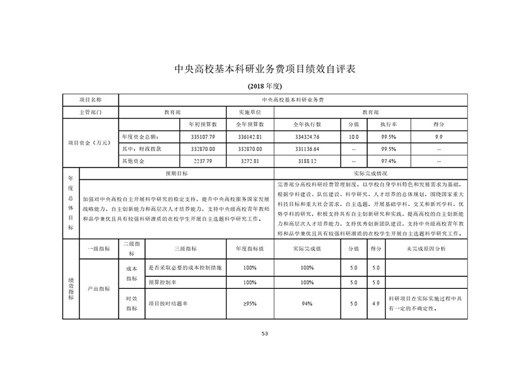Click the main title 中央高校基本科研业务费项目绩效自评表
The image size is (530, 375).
(264, 68)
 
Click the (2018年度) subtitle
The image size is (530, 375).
(264, 87)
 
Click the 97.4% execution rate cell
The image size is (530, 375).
(389, 160)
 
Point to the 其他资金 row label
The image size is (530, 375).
(131, 160)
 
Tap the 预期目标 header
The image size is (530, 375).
(176, 172)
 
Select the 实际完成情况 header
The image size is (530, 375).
(370, 172)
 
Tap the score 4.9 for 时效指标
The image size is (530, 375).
(376, 303)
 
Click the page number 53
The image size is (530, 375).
(264, 333)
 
